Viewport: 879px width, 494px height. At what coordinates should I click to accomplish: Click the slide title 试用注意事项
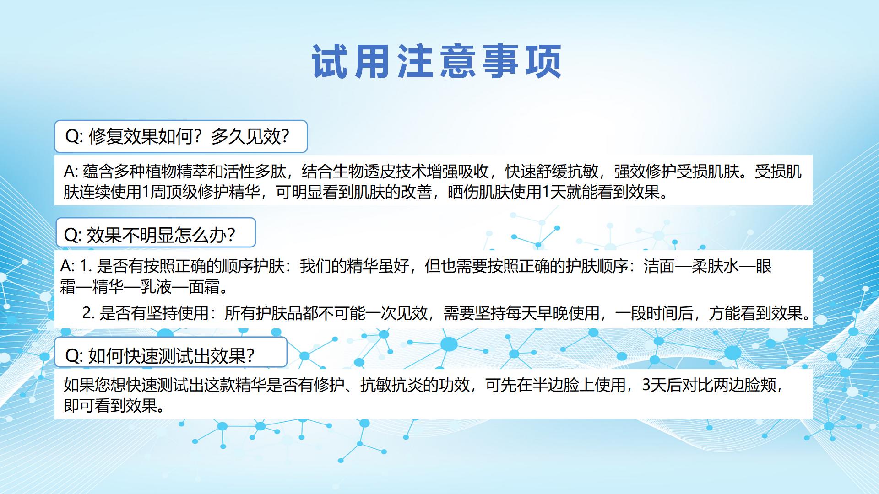click(x=437, y=61)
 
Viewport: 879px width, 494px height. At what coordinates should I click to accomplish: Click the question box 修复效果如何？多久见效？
click(x=181, y=136)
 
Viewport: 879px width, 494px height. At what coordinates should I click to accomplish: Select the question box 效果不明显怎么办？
click(x=155, y=233)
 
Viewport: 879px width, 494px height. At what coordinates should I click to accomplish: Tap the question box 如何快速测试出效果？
click(x=171, y=352)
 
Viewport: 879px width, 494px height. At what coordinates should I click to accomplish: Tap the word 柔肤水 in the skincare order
click(x=715, y=266)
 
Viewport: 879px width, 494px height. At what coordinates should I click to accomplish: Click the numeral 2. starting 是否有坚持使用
click(x=88, y=313)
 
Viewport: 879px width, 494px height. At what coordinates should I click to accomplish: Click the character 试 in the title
click(x=329, y=61)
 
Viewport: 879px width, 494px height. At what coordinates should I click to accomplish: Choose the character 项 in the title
click(x=544, y=61)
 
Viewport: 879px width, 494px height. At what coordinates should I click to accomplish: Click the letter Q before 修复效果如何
click(x=72, y=136)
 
